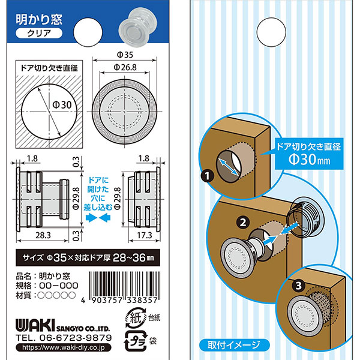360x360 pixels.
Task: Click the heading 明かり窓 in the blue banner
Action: pos(39,20)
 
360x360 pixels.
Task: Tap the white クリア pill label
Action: pos(39,33)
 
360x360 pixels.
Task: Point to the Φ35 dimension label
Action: pos(125,55)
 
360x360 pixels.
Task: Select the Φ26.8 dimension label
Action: pos(125,67)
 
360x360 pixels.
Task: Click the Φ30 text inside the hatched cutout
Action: pos(62,105)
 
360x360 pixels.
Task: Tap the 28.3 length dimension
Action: pos(43,235)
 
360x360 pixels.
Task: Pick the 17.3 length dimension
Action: pos(145,235)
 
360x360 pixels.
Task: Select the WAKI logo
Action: pos(35,325)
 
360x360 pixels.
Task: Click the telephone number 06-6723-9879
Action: pos(76,338)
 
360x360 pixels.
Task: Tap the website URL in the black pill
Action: pos(64,347)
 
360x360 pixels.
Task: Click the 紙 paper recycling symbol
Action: pos(136,318)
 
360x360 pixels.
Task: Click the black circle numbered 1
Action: pos(208,176)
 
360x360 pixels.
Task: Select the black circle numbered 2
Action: pos(243,222)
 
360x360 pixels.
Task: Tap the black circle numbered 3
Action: pos(298,286)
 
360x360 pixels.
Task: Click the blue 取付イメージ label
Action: pos(234,344)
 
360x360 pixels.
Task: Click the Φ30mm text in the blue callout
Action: pos(309,159)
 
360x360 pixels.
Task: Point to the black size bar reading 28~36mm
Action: pos(88,257)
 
